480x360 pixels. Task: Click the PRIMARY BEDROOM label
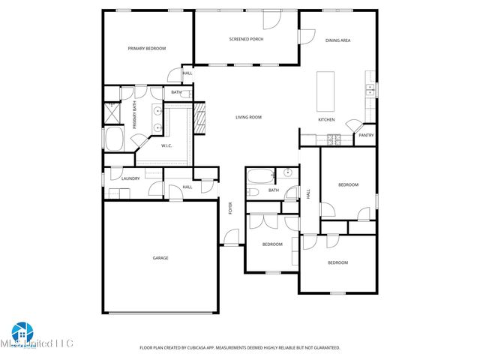tap(147, 48)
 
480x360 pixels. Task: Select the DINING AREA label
tap(337, 40)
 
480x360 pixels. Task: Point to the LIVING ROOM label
tap(248, 117)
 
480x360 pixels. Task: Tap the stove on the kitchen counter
tap(334, 139)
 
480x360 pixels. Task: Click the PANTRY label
tap(366, 136)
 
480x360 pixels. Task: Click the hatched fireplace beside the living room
tap(199, 118)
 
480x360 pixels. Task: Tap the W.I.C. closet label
tap(166, 145)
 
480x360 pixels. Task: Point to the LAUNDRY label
tap(131, 178)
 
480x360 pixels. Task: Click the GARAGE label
tap(160, 258)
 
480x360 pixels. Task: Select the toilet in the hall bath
tap(254, 192)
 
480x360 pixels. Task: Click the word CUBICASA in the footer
tap(211, 348)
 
